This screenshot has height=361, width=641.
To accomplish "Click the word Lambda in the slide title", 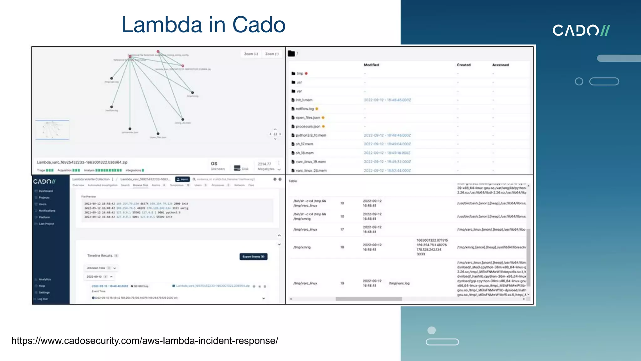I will point(162,25).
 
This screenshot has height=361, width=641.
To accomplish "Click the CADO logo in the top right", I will point(581,30).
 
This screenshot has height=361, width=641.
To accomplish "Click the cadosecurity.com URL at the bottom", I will point(145,341).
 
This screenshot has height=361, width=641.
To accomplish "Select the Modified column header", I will point(371,65).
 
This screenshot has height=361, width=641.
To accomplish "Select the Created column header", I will point(464,65).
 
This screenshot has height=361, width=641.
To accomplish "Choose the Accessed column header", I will point(500,65).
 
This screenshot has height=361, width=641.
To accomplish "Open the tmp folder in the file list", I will point(300,73).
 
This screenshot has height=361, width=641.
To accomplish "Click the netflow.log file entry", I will point(305,109).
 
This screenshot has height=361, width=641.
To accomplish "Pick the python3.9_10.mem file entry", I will point(311,135).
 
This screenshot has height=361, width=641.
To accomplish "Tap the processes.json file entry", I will point(308,127).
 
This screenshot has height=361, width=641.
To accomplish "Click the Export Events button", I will point(253,257).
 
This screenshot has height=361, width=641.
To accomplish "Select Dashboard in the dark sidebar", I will point(46,191).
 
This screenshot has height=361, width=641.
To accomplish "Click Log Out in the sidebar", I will point(43,299).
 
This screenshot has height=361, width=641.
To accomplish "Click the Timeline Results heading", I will point(100,256).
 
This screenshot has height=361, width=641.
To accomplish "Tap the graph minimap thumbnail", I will point(52,129).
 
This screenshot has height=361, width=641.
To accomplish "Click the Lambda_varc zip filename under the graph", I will point(82,162).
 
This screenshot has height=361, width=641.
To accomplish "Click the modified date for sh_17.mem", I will point(387,144).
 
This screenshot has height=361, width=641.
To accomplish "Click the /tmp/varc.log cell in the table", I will point(399,283).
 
